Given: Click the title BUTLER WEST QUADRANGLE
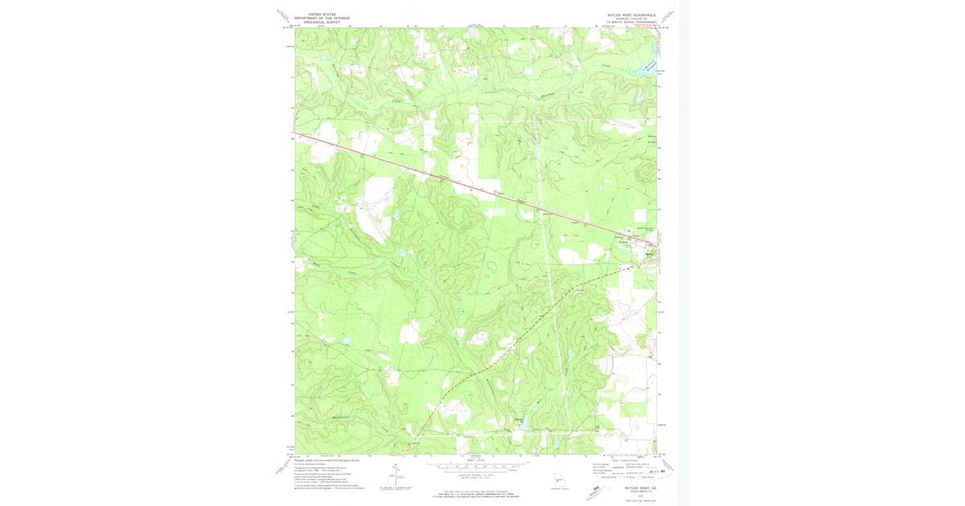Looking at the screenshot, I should pyautogui.click(x=632, y=14).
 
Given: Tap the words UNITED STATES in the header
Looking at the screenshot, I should pyautogui.click(x=316, y=14).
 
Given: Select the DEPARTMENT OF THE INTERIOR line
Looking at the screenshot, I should pyautogui.click(x=316, y=18).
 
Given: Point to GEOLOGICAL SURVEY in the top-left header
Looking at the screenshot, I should pyautogui.click(x=316, y=22).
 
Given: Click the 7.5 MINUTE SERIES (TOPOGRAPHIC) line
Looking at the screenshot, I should pyautogui.click(x=632, y=22).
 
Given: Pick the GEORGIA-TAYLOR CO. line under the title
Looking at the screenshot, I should pyautogui.click(x=632, y=18).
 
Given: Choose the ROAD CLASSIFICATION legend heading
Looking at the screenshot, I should pyautogui.click(x=624, y=459).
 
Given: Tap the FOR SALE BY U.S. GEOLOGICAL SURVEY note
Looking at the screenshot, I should pyautogui.click(x=475, y=489).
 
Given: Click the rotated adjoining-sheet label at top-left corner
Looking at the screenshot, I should pyautogui.click(x=282, y=15).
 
